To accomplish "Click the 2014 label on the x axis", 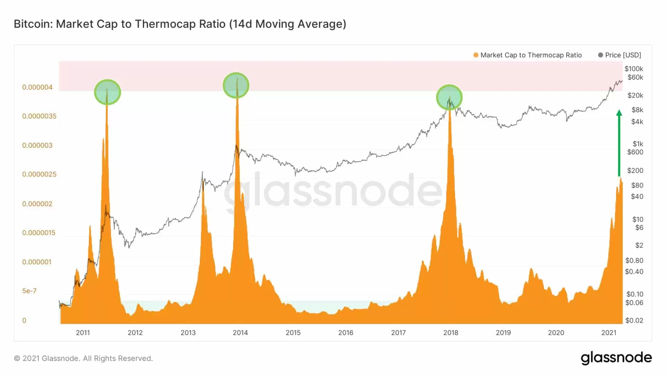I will pos(240,333).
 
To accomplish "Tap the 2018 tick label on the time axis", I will pos(451,333).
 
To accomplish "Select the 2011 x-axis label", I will pos(83,333).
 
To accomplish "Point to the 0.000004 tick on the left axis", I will pos(37,87).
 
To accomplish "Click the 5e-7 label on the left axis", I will pos(29,291).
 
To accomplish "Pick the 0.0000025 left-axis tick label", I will pos(39,174).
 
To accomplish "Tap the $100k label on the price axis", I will pos(634,69).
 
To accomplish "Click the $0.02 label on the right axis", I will pos(634,320).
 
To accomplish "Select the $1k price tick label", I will pos(638,144).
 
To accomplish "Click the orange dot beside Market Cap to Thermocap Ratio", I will pos(476,55).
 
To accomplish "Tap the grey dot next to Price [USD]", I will pos(600,55).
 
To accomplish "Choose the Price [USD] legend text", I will pos(623,55).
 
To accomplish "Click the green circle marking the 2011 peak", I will pos(108,92).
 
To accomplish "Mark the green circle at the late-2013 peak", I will pos(236,85).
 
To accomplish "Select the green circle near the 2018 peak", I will pos(449,97).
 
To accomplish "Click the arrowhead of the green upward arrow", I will pos(619,113).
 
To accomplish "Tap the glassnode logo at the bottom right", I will pos(616,358).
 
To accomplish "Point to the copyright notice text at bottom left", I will pos(83,358).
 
